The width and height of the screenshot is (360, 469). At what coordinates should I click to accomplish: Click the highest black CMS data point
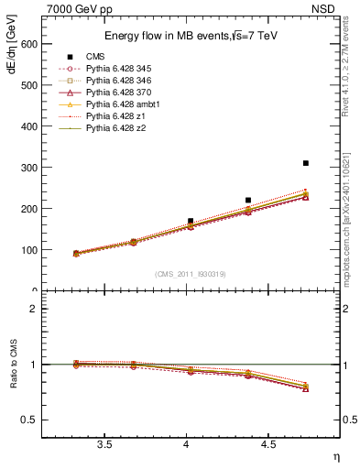coord(306,163)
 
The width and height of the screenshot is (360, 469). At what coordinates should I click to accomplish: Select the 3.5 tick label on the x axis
coord(104,444)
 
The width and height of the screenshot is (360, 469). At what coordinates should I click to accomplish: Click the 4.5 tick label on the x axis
coord(267,444)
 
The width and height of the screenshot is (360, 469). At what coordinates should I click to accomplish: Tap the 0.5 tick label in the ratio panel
coord(29,420)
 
